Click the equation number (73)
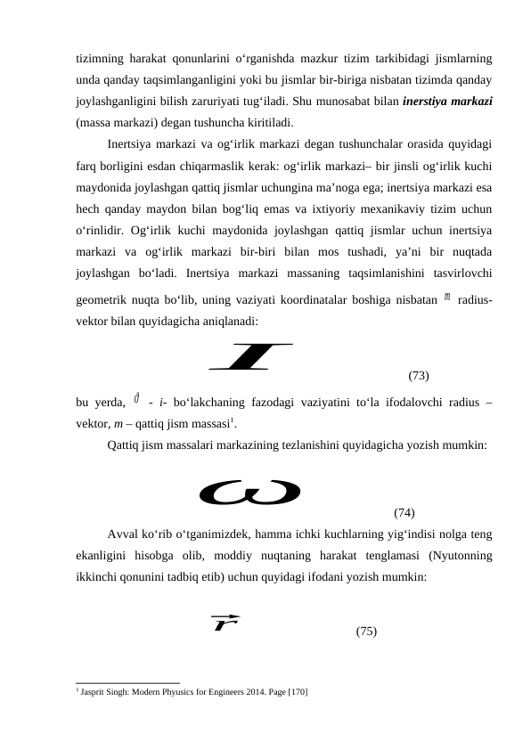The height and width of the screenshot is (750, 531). point(419,376)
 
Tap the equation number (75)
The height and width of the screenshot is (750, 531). point(365,631)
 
